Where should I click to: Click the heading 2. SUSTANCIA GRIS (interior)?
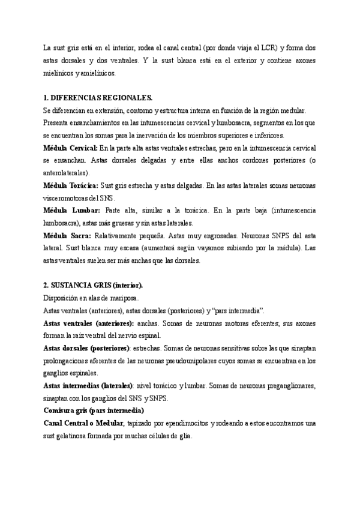coord(93,285)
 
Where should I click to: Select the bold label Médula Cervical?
coord(70,148)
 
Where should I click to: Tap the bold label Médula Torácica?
coord(71,186)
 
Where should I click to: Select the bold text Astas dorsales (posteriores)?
coord(86,348)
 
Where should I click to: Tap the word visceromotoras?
coord(68,198)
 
